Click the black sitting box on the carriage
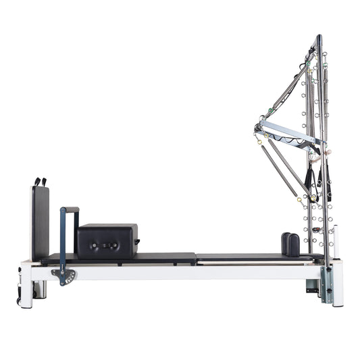[x=107, y=240]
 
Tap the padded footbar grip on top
[x=70, y=209]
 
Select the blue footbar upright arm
[x=63, y=236]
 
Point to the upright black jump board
[x=40, y=223]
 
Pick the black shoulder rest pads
[x=291, y=244]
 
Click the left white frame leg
[x=26, y=283]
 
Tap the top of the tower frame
[x=318, y=38]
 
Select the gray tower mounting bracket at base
[x=326, y=284]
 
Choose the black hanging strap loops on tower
[x=310, y=179]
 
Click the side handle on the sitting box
[x=139, y=240]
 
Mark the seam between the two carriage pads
[x=196, y=257]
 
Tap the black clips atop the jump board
[x=41, y=182]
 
